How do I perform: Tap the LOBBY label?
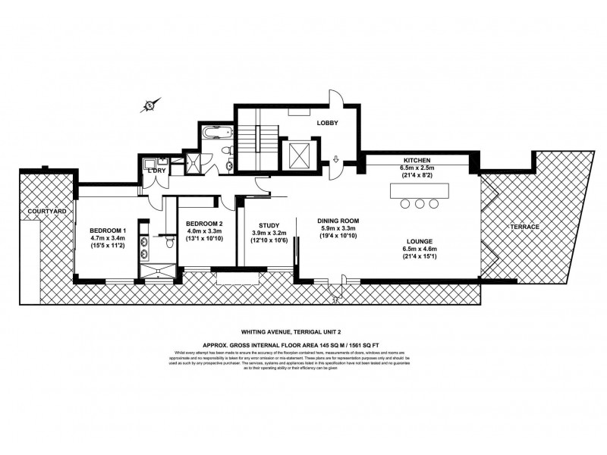pos(327,122)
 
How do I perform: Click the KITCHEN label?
pos(417,160)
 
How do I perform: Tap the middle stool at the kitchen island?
pos(420,203)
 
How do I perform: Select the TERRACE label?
pos(524,227)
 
